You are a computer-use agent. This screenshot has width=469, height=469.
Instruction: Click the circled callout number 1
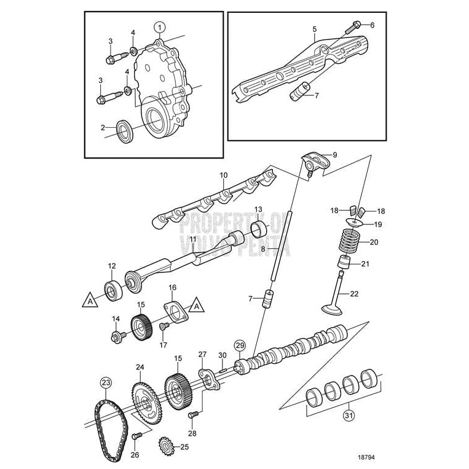point(159,26)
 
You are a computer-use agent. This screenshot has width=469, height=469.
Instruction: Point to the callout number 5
point(314,29)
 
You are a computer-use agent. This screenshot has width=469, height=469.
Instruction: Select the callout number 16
point(172,287)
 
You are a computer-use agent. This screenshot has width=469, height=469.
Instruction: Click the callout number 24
point(140,367)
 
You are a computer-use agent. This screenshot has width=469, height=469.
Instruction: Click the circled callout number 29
point(240,345)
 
